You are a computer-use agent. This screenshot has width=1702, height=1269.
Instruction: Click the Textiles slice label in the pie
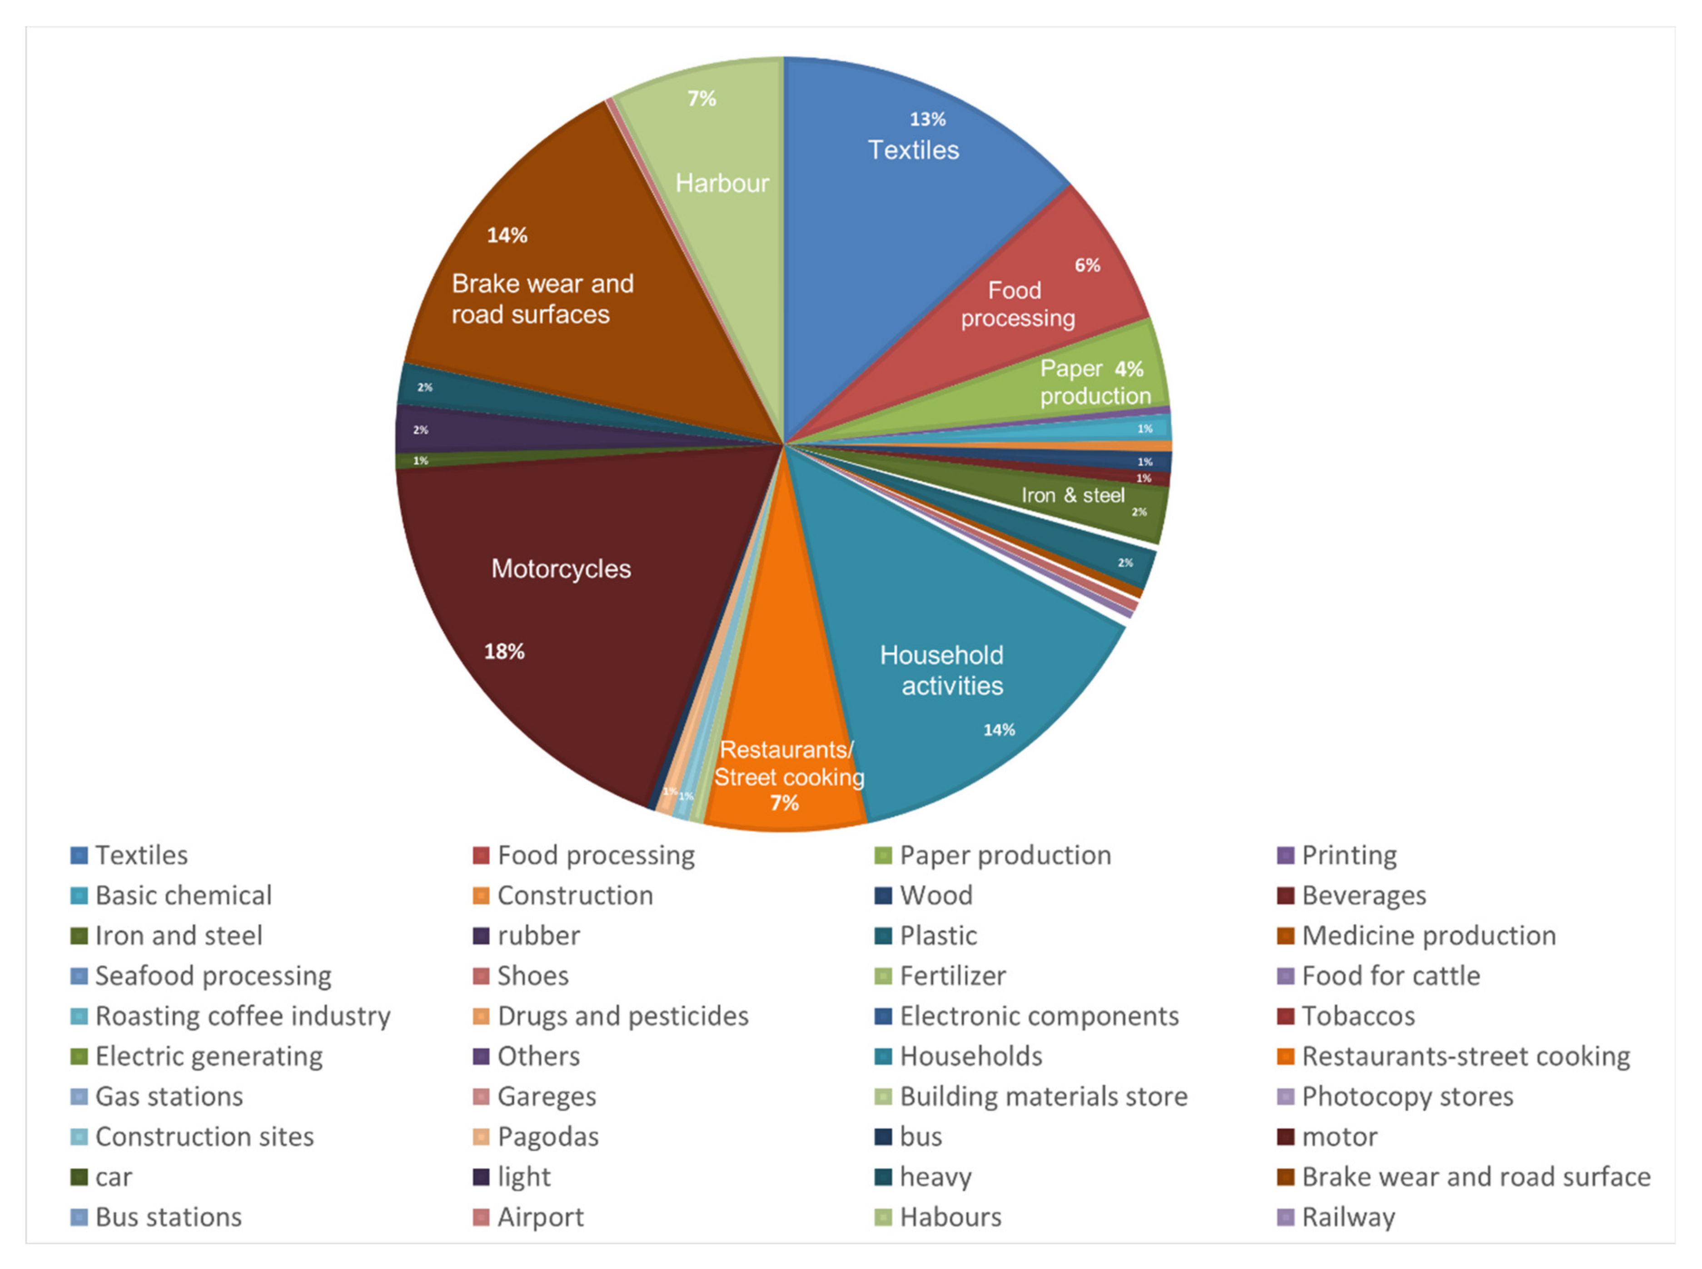pyautogui.click(x=913, y=150)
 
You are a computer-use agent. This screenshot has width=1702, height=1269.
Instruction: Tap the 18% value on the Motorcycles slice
pyautogui.click(x=504, y=652)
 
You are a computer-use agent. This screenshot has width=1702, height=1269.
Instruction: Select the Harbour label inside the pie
pyautogui.click(x=722, y=183)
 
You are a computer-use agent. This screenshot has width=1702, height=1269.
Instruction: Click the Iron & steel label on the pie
pyautogui.click(x=1072, y=495)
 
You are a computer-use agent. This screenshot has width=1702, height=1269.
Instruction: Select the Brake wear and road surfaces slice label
pyautogui.click(x=542, y=299)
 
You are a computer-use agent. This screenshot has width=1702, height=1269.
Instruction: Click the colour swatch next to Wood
pyautogui.click(x=883, y=896)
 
